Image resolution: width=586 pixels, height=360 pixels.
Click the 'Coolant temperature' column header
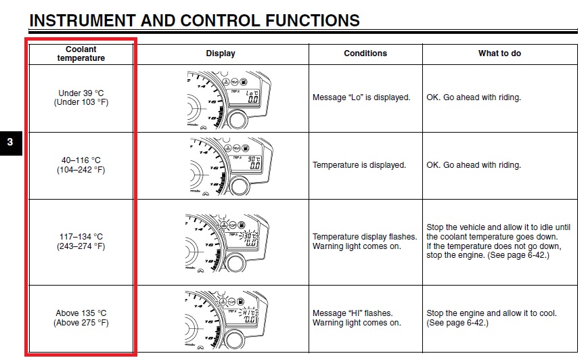(x=81, y=53)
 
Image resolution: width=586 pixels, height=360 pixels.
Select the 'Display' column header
(x=221, y=53)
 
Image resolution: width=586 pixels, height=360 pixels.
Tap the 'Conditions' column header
(x=365, y=53)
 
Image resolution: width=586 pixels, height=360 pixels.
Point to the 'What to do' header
(x=499, y=53)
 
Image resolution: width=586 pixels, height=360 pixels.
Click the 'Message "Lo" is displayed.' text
(x=361, y=97)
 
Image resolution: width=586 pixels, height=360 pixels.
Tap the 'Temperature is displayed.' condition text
(x=359, y=165)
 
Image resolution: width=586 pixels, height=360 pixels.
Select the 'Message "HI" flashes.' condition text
(x=352, y=313)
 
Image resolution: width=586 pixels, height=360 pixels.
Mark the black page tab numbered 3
(x=10, y=143)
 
